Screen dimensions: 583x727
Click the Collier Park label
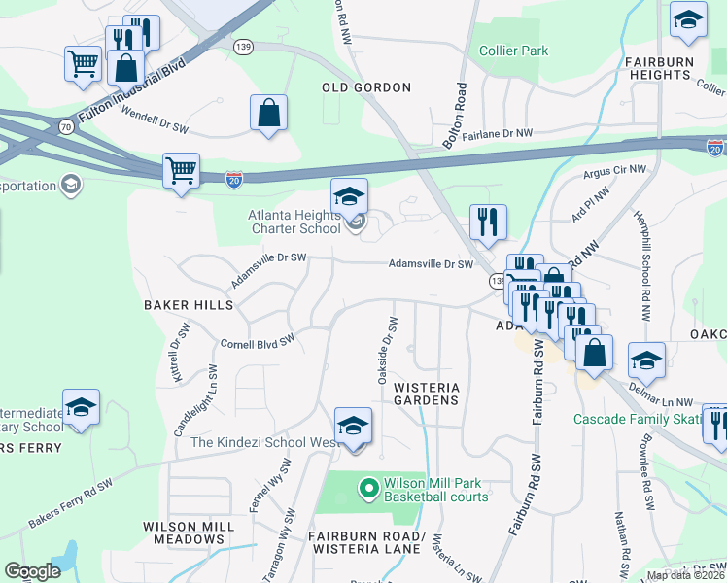pos(513,51)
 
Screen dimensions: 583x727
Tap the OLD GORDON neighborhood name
pos(366,87)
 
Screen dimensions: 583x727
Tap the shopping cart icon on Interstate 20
pos(181,171)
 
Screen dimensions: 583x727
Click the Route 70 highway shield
pos(65,125)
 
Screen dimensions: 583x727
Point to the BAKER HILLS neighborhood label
pos(189,305)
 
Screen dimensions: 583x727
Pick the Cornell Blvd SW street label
pos(258,343)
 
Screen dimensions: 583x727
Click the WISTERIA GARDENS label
pos(426,394)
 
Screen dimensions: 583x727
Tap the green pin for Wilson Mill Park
pos(368,488)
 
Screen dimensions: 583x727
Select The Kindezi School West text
pos(263,443)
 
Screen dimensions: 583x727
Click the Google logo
pos(32,571)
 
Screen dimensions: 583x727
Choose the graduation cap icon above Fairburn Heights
pos(688,20)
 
